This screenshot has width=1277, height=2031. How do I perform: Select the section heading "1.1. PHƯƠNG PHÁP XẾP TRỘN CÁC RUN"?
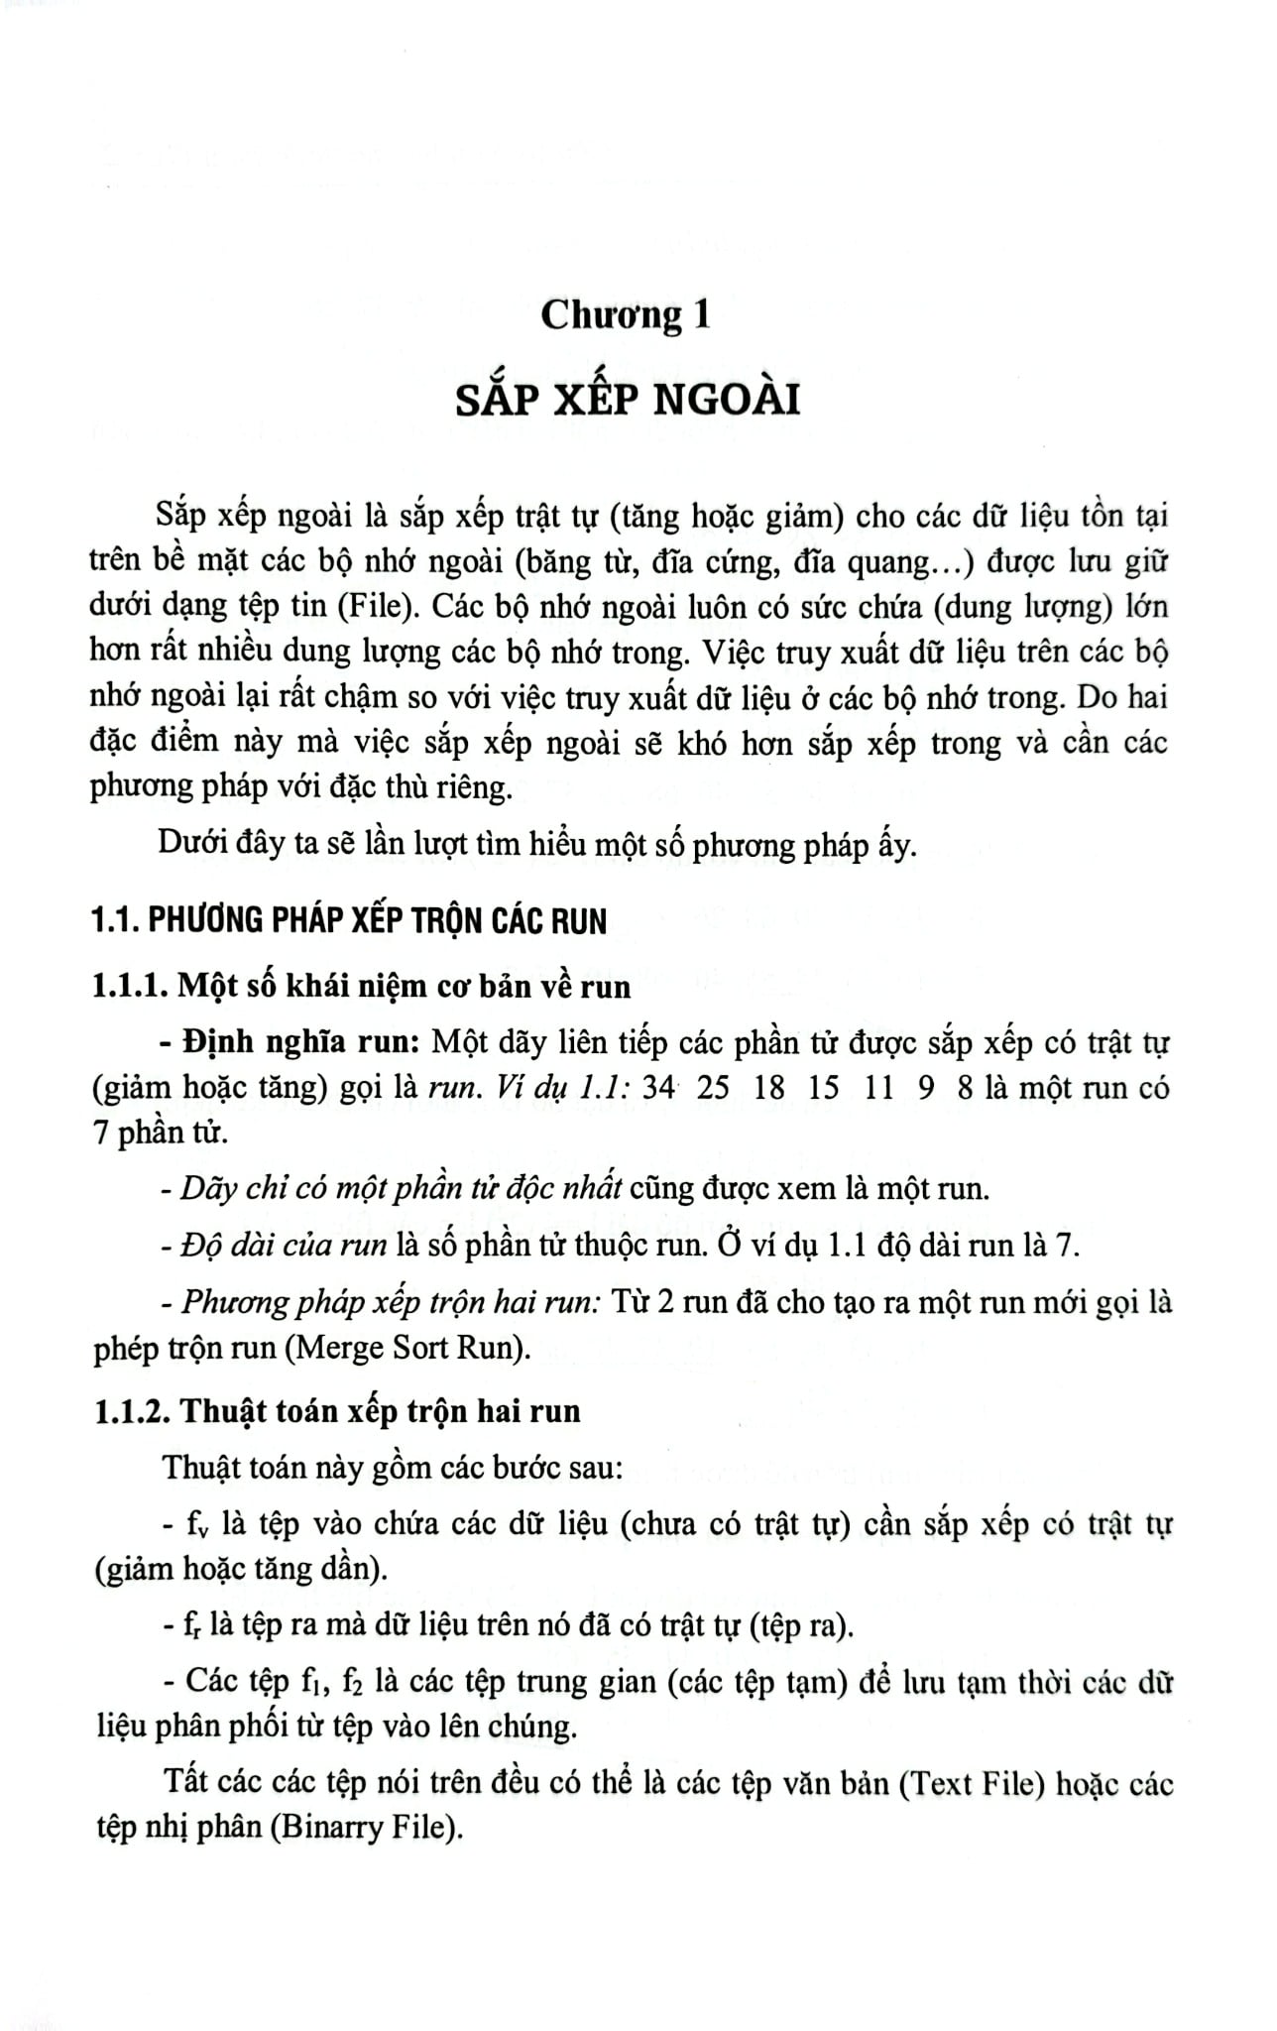point(348,921)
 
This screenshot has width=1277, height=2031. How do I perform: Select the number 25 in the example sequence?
point(713,1088)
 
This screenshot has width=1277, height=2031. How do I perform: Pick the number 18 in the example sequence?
point(768,1088)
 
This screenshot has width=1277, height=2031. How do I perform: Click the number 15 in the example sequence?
point(823,1088)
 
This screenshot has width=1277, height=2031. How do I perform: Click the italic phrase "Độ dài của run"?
point(284,1246)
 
